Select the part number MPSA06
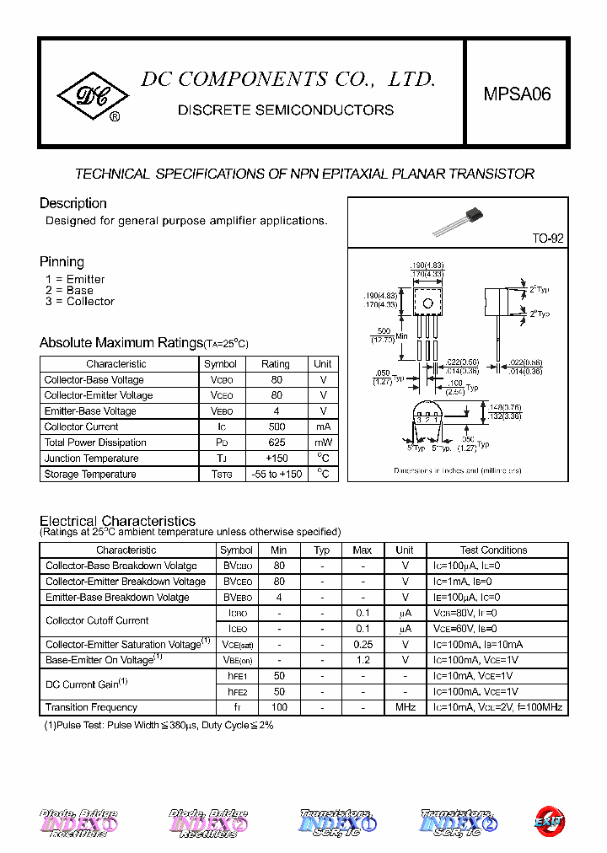[x=517, y=94]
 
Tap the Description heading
[x=73, y=203]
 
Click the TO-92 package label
[x=547, y=239]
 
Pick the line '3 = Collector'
[x=80, y=302]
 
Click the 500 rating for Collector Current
[x=276, y=426]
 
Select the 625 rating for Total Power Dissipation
[x=276, y=443]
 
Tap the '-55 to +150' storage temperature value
[x=276, y=475]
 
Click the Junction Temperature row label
[x=91, y=459]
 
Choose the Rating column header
[x=276, y=364]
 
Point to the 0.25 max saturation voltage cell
[x=363, y=644]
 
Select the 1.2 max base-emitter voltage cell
[x=363, y=660]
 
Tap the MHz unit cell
[x=406, y=707]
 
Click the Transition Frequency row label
[x=91, y=707]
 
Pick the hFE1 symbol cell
[x=237, y=676]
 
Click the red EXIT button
[x=550, y=821]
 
